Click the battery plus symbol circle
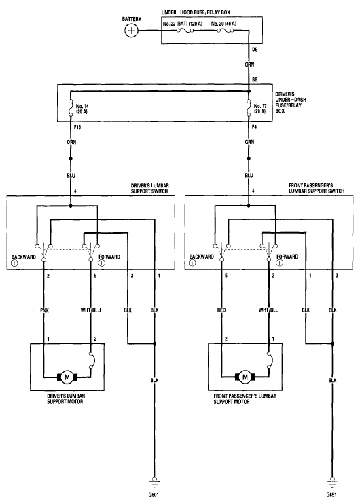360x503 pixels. tap(131, 31)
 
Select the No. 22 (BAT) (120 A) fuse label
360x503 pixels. tap(183, 24)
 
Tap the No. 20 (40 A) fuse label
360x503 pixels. tap(223, 24)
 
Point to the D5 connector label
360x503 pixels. tap(255, 50)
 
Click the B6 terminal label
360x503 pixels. tap(255, 79)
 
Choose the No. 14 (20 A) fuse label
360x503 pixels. tap(82, 109)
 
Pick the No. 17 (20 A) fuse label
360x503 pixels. tap(260, 109)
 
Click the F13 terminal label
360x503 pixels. tap(77, 127)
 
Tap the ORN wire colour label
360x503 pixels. tap(71, 142)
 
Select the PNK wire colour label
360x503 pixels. tap(44, 310)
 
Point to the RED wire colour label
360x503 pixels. tap(221, 310)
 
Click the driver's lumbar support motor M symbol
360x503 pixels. tap(67, 377)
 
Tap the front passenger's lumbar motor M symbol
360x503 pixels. tap(245, 377)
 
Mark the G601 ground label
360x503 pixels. tap(154, 495)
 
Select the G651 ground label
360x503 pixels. tap(331, 495)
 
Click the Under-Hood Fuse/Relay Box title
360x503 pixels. tap(196, 12)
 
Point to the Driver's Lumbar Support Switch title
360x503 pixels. tap(150, 188)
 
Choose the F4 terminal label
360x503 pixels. tap(254, 127)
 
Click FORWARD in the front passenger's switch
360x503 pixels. tap(287, 257)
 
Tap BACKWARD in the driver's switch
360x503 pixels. tap(23, 257)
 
